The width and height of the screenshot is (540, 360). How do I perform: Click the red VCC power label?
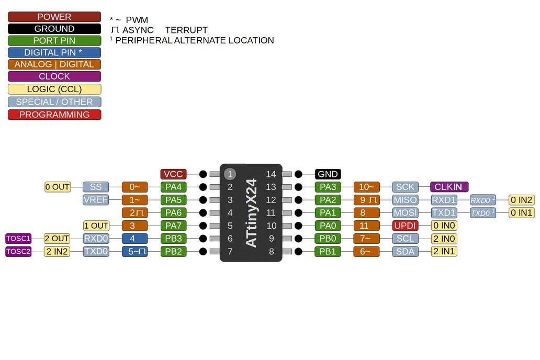pos(173,174)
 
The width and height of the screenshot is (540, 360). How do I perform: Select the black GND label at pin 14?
pos(328,174)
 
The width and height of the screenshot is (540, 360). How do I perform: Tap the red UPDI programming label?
pos(406,226)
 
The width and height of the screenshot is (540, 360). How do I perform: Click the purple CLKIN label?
pos(448,187)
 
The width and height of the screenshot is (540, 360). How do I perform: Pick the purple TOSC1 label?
pos(18,239)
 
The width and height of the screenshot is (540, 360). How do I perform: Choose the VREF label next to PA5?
pos(96,200)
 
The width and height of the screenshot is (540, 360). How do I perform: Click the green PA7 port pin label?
pos(173,226)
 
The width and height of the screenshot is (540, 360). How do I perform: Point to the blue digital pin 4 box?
pos(134,239)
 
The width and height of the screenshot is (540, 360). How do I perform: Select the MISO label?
pos(406,200)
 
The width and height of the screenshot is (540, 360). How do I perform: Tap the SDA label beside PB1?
pos(406,252)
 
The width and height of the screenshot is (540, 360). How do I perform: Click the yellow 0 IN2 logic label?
pos(522,200)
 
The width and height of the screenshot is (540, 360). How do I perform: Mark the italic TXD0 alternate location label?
pos(483,213)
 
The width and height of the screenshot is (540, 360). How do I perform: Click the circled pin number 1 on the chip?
pos(230,174)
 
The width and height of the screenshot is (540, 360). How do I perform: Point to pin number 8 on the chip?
pos(271,252)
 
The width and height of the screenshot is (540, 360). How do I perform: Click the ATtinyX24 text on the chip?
pos(251,213)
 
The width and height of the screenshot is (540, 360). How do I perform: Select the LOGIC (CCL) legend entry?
pos(54,89)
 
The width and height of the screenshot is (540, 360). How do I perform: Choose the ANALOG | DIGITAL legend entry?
pos(54,64)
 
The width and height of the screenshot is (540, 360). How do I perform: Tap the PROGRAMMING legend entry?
pos(54,115)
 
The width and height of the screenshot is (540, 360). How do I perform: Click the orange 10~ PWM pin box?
pos(367,187)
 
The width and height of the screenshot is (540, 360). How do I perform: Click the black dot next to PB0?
pos(298,239)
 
